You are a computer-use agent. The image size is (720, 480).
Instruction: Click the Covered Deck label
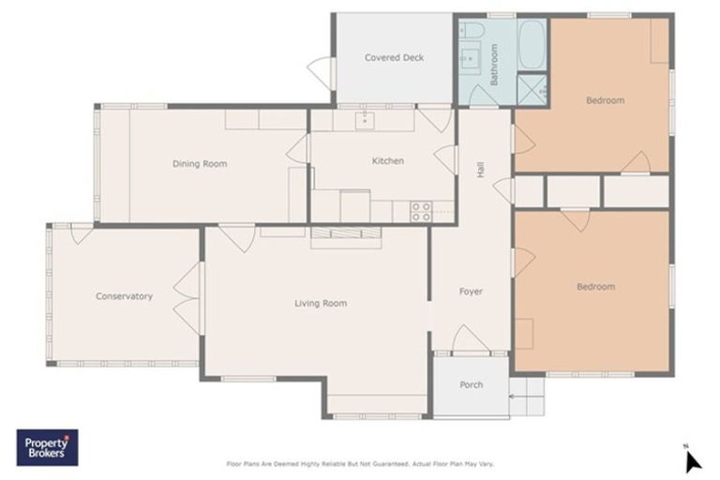[394, 58]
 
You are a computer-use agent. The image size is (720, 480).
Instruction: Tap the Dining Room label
[200, 164]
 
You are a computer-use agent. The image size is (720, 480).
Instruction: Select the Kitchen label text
[387, 161]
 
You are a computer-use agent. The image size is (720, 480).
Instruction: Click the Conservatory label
[124, 296]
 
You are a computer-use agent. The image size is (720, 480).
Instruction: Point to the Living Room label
[321, 303]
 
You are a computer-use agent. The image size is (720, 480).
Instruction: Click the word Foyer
[471, 292]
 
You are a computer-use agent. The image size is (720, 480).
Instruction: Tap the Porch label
[471, 385]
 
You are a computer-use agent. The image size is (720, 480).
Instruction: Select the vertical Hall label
[481, 170]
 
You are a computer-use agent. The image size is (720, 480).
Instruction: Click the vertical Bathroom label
[494, 65]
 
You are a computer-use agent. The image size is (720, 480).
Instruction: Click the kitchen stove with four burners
[421, 212]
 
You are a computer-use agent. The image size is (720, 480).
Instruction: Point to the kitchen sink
[364, 120]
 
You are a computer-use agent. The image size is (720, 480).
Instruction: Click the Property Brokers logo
[47, 447]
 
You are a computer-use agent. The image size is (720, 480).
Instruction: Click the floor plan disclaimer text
[360, 462]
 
